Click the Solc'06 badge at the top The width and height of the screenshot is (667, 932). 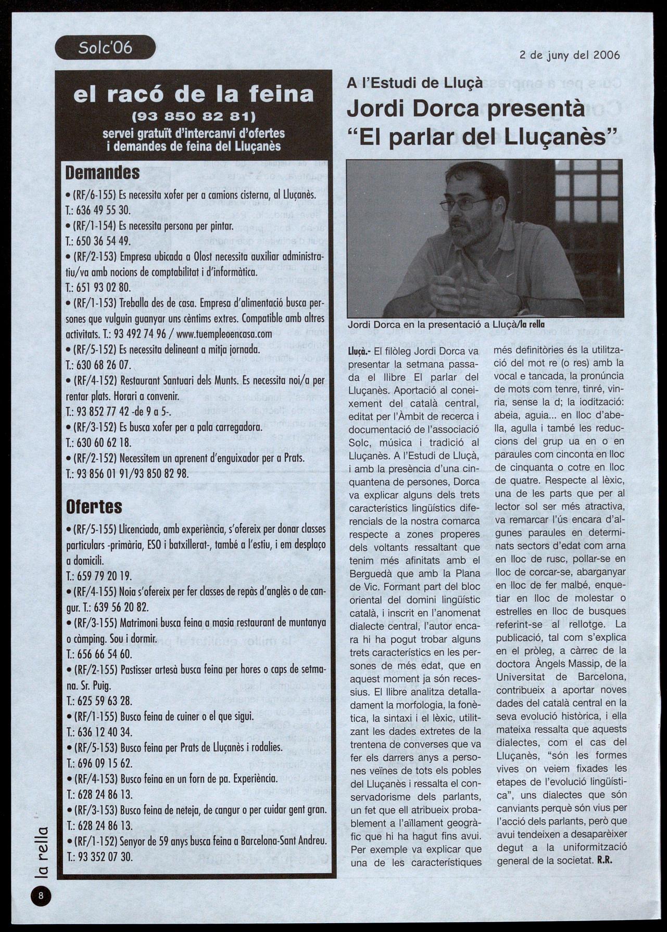coord(105,48)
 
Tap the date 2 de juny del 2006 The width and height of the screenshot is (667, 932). coord(569,55)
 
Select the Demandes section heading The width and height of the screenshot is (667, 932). coord(103,173)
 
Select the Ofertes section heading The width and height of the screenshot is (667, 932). coord(94,506)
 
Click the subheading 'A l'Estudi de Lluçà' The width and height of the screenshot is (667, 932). coord(414,83)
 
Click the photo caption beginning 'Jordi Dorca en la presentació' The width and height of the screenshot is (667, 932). coord(446,325)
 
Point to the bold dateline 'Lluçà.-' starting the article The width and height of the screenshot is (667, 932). coord(359,351)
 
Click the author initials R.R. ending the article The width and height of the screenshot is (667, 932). coord(604,860)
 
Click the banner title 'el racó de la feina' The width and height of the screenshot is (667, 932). coord(194,94)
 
